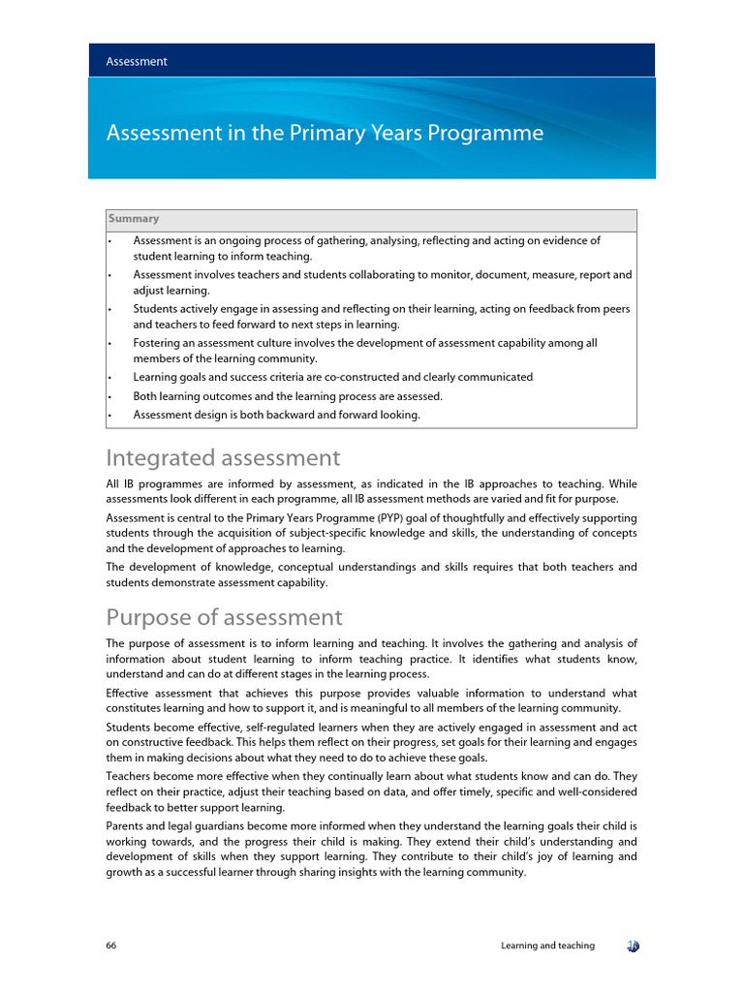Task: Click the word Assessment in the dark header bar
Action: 137,61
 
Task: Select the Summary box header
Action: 134,219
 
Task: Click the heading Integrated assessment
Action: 223,457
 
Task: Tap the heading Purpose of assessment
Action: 224,617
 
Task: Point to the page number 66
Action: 112,945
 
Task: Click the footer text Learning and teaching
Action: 547,945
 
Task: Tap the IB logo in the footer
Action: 632,945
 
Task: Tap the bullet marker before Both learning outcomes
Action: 110,396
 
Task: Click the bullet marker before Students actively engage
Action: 110,309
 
